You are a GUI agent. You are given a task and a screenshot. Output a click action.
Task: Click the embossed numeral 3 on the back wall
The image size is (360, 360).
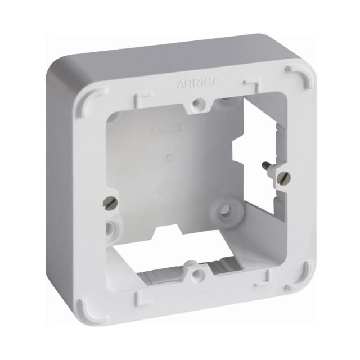tap(168, 159)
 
